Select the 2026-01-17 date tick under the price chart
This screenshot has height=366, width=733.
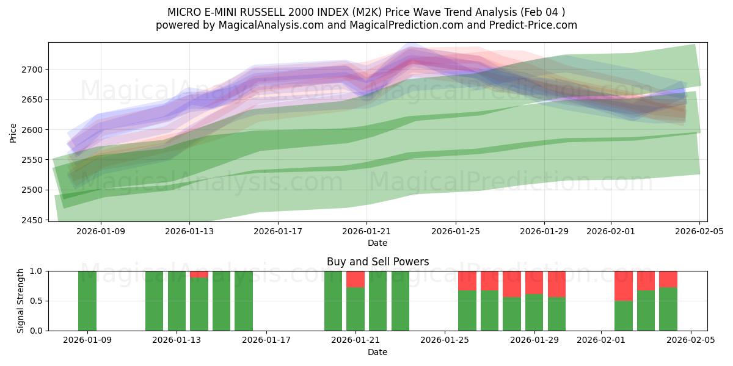[278, 231]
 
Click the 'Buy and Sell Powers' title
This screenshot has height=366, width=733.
[377, 262]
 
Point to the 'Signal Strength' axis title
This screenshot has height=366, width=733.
[21, 300]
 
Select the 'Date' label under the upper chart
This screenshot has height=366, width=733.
[377, 243]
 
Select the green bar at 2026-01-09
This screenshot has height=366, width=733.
[87, 301]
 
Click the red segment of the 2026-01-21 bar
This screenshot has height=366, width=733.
[356, 279]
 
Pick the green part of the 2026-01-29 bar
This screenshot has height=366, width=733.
[534, 312]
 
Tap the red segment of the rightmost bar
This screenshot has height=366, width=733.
[668, 279]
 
